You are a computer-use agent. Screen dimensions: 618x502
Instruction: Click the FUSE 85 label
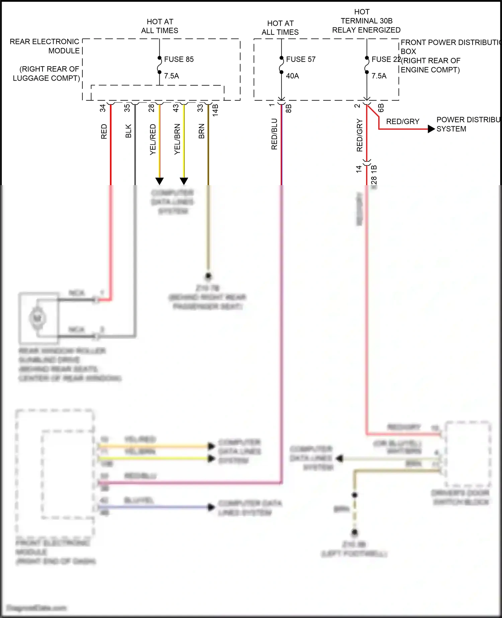point(179,59)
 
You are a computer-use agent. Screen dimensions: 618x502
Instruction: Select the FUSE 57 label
point(301,59)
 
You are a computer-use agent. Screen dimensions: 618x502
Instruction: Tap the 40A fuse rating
point(292,76)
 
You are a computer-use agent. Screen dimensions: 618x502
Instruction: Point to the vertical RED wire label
point(104,132)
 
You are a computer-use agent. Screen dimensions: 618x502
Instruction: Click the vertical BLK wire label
point(128,131)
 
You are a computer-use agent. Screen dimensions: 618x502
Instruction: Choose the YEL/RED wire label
point(153,139)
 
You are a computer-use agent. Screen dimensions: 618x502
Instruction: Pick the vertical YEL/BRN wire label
point(177,139)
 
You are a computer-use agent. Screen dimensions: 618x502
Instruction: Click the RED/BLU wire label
point(274,134)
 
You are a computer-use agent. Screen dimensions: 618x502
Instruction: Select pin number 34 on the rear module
point(103,108)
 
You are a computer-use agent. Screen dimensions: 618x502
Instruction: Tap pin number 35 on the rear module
point(127,108)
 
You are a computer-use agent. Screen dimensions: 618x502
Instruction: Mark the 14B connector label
point(216,110)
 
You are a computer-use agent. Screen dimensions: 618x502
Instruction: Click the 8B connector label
point(288,108)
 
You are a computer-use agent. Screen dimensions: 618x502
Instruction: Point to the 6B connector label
point(381,108)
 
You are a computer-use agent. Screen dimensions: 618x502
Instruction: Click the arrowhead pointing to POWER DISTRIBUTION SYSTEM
point(431,129)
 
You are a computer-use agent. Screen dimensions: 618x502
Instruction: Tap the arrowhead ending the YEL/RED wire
point(160,181)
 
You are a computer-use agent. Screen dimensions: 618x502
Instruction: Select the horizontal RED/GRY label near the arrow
point(403,122)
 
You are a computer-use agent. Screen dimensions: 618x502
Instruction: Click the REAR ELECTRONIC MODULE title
point(45,46)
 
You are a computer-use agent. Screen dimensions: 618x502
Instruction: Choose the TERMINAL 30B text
point(366,21)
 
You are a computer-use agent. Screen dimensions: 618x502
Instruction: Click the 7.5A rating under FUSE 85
point(171,76)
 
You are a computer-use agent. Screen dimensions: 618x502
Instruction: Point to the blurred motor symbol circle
point(37,318)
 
